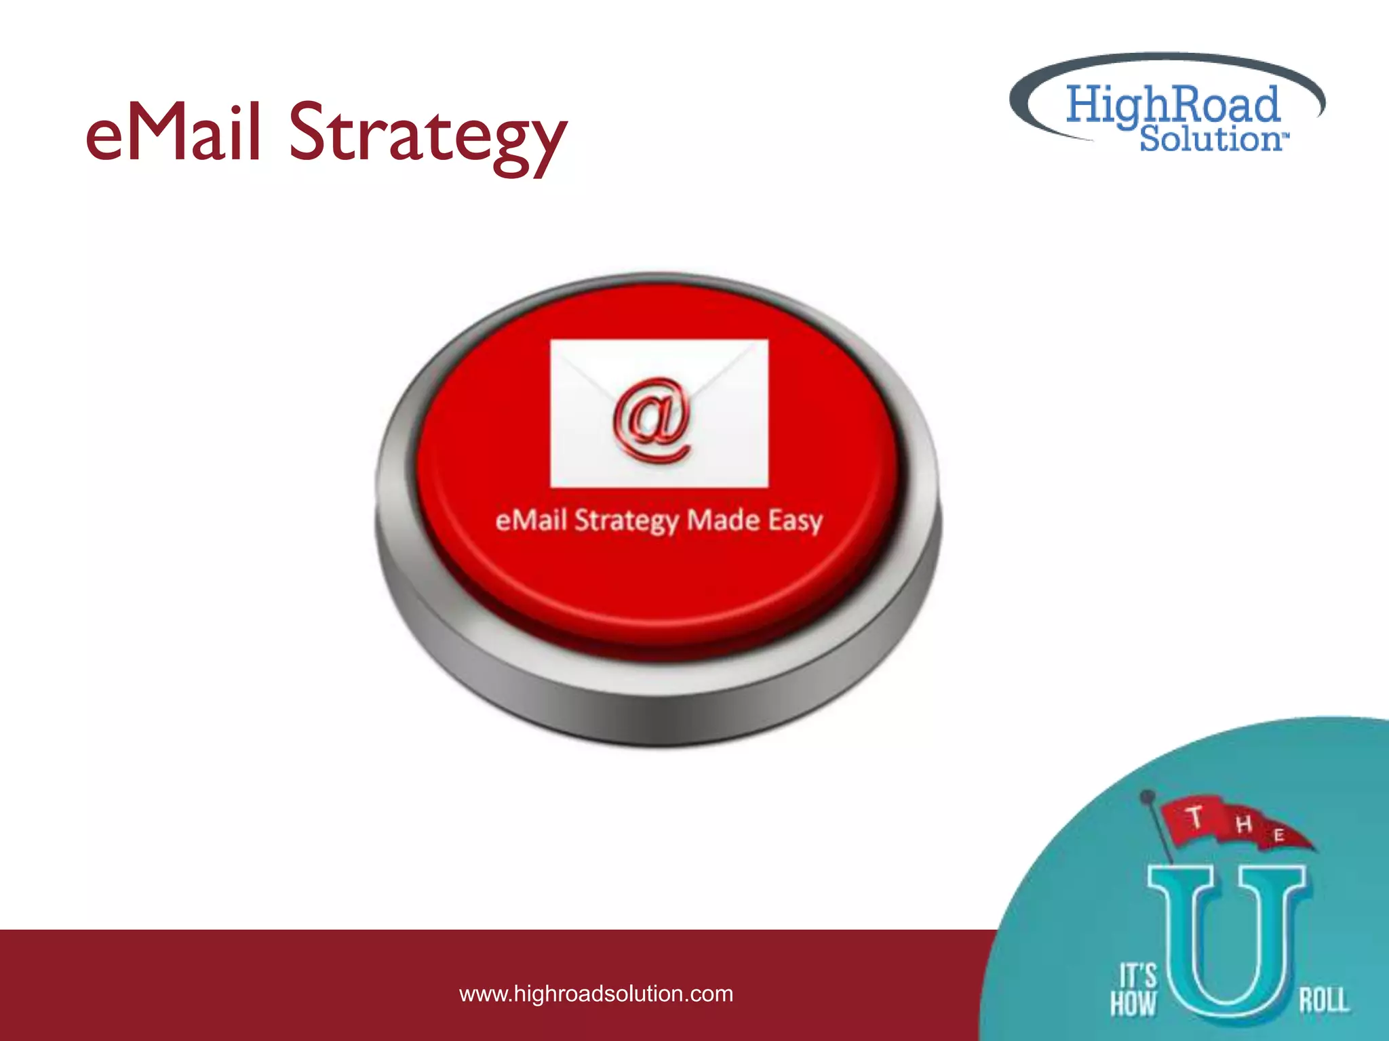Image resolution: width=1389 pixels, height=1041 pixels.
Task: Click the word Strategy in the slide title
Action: (427, 136)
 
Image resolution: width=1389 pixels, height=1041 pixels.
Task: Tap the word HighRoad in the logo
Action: (1172, 105)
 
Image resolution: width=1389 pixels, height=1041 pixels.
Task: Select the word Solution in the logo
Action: (1210, 138)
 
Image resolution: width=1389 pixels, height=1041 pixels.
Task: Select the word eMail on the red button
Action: (531, 520)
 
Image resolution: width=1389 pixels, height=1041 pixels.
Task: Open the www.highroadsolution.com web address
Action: (596, 994)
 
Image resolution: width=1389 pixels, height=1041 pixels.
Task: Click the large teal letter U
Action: (1226, 949)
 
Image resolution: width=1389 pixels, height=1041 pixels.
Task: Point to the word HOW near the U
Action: (1133, 1003)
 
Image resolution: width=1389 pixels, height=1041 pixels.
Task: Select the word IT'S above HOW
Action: (1137, 976)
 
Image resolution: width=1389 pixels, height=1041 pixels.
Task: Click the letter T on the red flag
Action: (1195, 817)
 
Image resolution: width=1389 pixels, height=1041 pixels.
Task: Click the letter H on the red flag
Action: (1243, 824)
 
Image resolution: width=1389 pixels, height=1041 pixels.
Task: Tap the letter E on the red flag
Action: (1278, 835)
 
